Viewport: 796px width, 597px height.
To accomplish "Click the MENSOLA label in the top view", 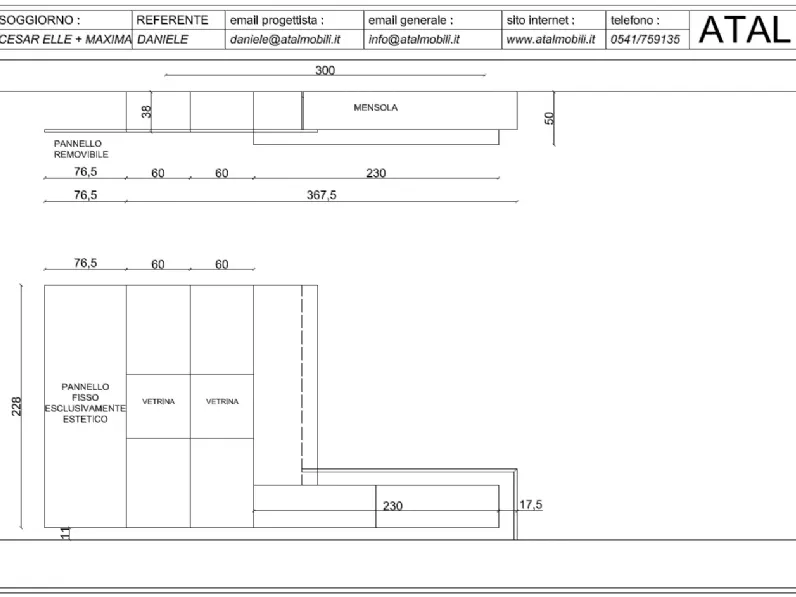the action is pyautogui.click(x=376, y=108).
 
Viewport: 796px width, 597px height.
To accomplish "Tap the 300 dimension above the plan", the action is pyautogui.click(x=325, y=70).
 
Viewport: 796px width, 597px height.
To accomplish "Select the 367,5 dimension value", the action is pyautogui.click(x=321, y=195).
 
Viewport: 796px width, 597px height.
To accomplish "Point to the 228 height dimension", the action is pyautogui.click(x=16, y=406).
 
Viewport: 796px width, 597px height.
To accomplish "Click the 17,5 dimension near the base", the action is pyautogui.click(x=530, y=505).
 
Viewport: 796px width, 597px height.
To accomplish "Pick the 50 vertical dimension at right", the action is pyautogui.click(x=549, y=118).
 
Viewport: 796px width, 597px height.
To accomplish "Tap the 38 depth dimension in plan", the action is pyautogui.click(x=146, y=112).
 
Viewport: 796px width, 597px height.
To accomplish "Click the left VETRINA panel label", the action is pyautogui.click(x=158, y=402).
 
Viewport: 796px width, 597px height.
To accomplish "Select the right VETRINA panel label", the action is pyautogui.click(x=222, y=402).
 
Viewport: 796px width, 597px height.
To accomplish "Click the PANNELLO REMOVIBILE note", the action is pyautogui.click(x=81, y=149).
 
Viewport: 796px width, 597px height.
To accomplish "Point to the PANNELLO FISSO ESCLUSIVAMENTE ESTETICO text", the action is pyautogui.click(x=85, y=403).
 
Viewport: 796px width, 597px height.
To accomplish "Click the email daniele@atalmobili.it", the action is pyautogui.click(x=285, y=40).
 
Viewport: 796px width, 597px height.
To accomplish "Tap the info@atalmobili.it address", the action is pyautogui.click(x=414, y=40).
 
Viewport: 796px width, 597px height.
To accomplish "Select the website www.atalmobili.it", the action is pyautogui.click(x=551, y=40).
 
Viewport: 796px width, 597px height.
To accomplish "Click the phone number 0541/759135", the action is pyautogui.click(x=645, y=40).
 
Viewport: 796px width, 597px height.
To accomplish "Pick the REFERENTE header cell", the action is pyautogui.click(x=172, y=20).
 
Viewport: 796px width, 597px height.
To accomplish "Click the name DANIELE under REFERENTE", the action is pyautogui.click(x=162, y=40).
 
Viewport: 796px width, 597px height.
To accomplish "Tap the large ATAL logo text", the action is pyautogui.click(x=745, y=29).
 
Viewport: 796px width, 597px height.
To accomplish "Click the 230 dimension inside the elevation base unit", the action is pyautogui.click(x=392, y=506).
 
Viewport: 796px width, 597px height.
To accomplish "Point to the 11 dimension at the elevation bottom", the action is pyautogui.click(x=65, y=533).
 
